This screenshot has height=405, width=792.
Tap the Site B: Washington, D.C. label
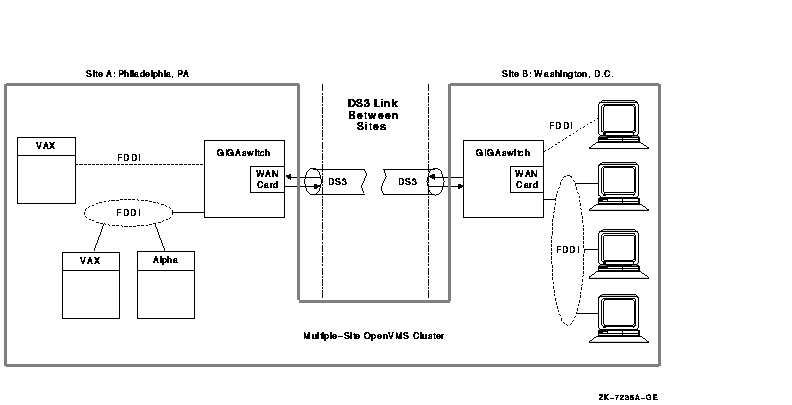pos(557,74)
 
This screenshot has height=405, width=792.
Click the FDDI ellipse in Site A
pos(127,213)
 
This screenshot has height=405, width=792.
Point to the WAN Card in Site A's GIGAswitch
pos(267,179)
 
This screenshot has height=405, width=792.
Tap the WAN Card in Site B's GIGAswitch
pos(526,179)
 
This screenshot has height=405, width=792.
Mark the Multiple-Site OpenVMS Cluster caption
pos(373,336)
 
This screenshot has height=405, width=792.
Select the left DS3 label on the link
pos(337,181)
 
